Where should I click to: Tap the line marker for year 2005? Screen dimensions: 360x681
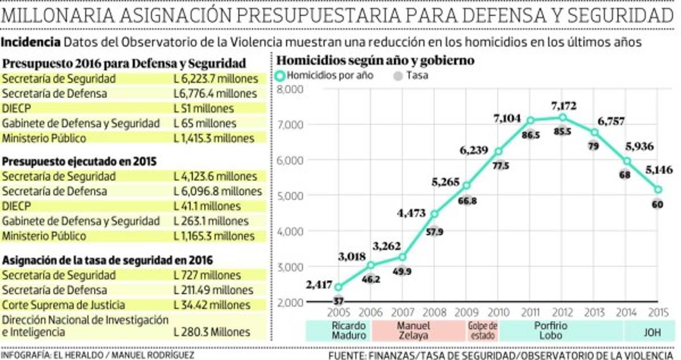[x=338, y=287]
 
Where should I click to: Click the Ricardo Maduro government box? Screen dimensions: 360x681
[x=338, y=330]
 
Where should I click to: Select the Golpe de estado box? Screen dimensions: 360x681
[x=482, y=330]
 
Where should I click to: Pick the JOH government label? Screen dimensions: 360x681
[x=651, y=330]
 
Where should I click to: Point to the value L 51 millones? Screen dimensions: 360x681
[x=203, y=108]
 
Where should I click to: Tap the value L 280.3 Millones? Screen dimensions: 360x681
[x=211, y=332]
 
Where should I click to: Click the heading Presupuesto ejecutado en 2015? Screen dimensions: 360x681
[x=79, y=161]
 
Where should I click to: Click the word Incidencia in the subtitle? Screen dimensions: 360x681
[x=31, y=42]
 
